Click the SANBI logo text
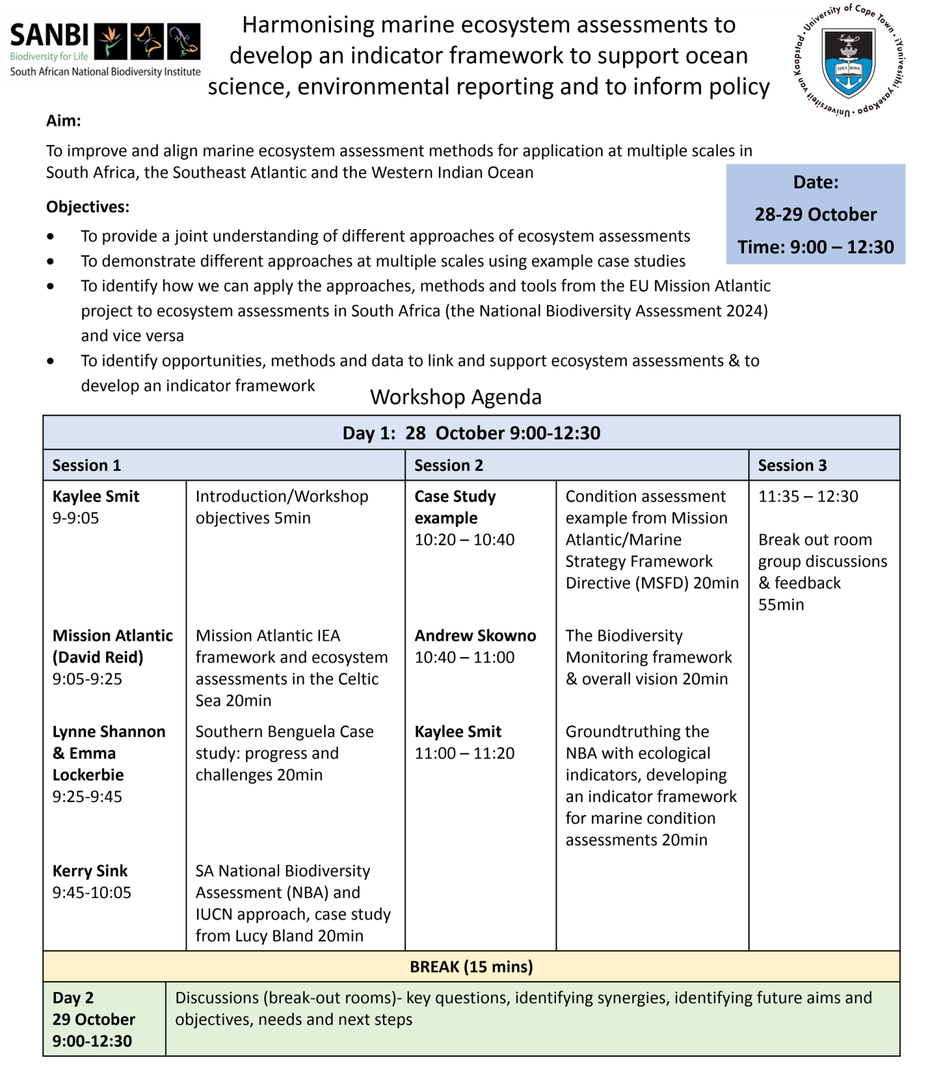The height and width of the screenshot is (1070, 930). coord(50,36)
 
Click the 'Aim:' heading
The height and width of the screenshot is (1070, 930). coord(63,120)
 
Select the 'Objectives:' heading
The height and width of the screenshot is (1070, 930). coord(87,206)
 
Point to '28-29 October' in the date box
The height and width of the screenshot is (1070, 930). coord(815,214)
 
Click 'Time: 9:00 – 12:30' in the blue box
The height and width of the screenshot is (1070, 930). coord(815,247)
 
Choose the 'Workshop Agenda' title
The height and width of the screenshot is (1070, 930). coord(456,397)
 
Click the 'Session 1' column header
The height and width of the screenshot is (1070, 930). coord(86,466)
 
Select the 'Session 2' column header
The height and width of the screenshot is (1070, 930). coord(448,466)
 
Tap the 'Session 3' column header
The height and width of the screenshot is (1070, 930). coord(792,466)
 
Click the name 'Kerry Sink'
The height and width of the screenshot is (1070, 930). coord(90,871)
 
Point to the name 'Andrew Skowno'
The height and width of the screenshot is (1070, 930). coord(475,635)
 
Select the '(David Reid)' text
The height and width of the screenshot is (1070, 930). coord(97,657)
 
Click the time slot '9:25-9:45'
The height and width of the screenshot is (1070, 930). coord(87,797)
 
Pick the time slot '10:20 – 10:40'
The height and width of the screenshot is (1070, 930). coord(464,539)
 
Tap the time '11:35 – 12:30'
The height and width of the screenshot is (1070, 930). coord(808,497)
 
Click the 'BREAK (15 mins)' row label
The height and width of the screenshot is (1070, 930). coord(471,966)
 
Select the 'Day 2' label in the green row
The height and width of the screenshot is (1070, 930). coord(73,997)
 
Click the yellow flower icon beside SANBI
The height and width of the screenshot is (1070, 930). coord(110,40)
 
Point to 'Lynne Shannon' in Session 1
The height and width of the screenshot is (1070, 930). coord(108,732)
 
